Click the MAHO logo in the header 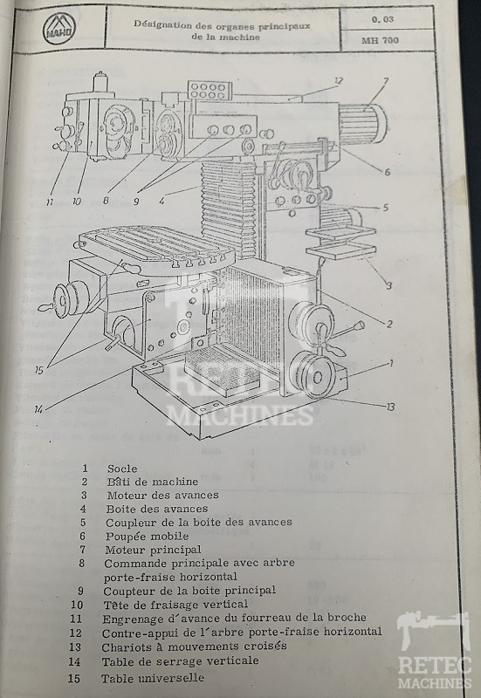(x=59, y=30)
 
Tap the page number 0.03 (x=382, y=19)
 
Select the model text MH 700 (x=380, y=40)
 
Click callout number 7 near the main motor (x=386, y=81)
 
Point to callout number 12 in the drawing (x=339, y=80)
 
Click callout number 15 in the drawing (x=39, y=370)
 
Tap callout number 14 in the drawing (x=38, y=408)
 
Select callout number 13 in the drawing (x=390, y=407)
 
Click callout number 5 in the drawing (x=385, y=208)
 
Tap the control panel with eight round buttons (x=210, y=91)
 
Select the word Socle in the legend (x=122, y=469)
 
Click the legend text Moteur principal (x=154, y=550)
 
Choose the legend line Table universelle (x=153, y=679)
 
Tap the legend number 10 (x=77, y=605)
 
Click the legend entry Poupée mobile (x=147, y=536)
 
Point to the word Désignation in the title (x=162, y=24)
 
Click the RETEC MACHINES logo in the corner (x=434, y=651)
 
